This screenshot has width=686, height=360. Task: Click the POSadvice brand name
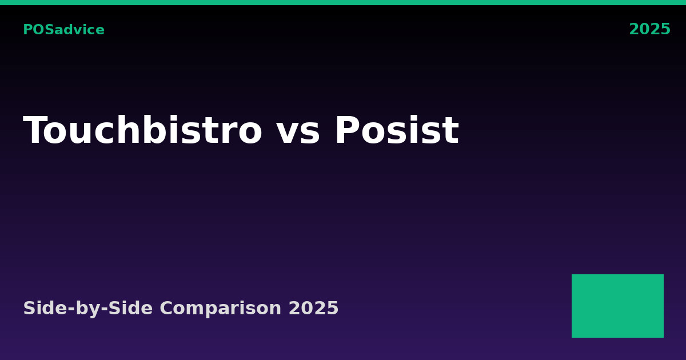(63, 30)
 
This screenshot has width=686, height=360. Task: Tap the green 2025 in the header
(650, 29)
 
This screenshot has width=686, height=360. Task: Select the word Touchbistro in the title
(143, 130)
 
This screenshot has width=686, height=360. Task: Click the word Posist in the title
(397, 130)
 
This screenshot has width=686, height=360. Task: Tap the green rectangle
(618, 306)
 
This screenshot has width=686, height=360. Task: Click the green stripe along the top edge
(343, 2)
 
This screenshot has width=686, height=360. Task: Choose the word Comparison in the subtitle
(221, 309)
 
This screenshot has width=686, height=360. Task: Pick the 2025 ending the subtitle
(314, 308)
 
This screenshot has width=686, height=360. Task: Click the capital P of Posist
(348, 130)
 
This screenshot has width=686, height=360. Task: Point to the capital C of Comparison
(167, 308)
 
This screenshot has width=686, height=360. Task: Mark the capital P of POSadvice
(28, 30)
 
